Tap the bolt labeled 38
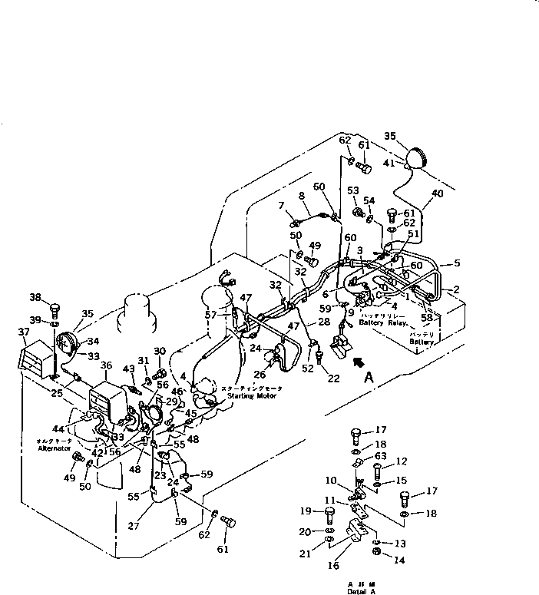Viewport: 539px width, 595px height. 55,309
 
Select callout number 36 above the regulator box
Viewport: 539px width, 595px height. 105,365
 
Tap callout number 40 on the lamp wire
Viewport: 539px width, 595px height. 437,194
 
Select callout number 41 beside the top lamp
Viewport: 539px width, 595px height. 389,164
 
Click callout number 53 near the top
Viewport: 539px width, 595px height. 353,190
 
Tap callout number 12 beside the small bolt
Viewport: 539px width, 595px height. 399,461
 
